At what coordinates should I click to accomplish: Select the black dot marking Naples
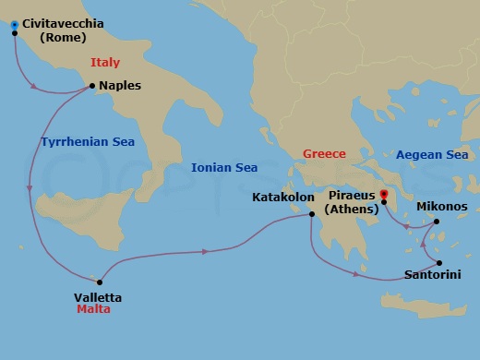point(91,86)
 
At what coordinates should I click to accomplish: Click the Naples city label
point(120,85)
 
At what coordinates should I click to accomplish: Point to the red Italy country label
point(106,63)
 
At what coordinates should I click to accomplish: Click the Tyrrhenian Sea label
point(88,142)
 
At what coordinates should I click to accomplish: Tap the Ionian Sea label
point(224,168)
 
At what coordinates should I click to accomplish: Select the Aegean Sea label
point(432,155)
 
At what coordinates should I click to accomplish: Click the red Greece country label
point(325,153)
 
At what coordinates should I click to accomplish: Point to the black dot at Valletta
point(98,282)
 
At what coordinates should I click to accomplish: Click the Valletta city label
point(97,297)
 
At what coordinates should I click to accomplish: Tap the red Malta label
point(93,310)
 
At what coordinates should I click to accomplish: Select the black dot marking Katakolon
point(312,215)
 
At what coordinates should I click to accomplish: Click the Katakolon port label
point(284,197)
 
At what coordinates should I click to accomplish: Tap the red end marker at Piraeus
point(383,194)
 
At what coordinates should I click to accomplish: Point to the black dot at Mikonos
point(437,222)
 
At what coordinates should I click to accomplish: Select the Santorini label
point(434,275)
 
